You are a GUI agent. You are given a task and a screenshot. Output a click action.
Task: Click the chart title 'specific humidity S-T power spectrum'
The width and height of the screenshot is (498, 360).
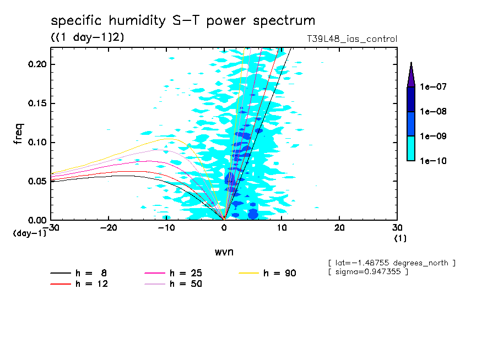(x=183, y=21)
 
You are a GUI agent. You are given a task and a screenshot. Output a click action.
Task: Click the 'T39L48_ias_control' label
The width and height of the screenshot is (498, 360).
(x=352, y=39)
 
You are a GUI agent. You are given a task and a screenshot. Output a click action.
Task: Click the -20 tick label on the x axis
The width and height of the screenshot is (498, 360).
(x=109, y=228)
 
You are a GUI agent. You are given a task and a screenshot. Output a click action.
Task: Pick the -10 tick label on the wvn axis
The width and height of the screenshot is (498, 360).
(x=166, y=228)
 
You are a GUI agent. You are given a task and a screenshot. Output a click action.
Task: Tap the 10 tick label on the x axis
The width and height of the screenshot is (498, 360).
(x=282, y=228)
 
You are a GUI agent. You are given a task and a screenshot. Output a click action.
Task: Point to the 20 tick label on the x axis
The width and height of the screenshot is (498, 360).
(x=339, y=228)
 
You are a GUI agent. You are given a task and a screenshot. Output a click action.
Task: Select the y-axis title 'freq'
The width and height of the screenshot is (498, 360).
(x=19, y=135)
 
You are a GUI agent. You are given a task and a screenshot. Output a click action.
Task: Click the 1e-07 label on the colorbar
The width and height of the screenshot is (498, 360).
(x=433, y=87)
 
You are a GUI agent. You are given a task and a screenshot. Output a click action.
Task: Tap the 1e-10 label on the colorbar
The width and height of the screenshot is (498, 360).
(x=433, y=161)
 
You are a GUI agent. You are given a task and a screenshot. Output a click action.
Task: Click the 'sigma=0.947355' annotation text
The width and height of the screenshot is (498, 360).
(x=367, y=272)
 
